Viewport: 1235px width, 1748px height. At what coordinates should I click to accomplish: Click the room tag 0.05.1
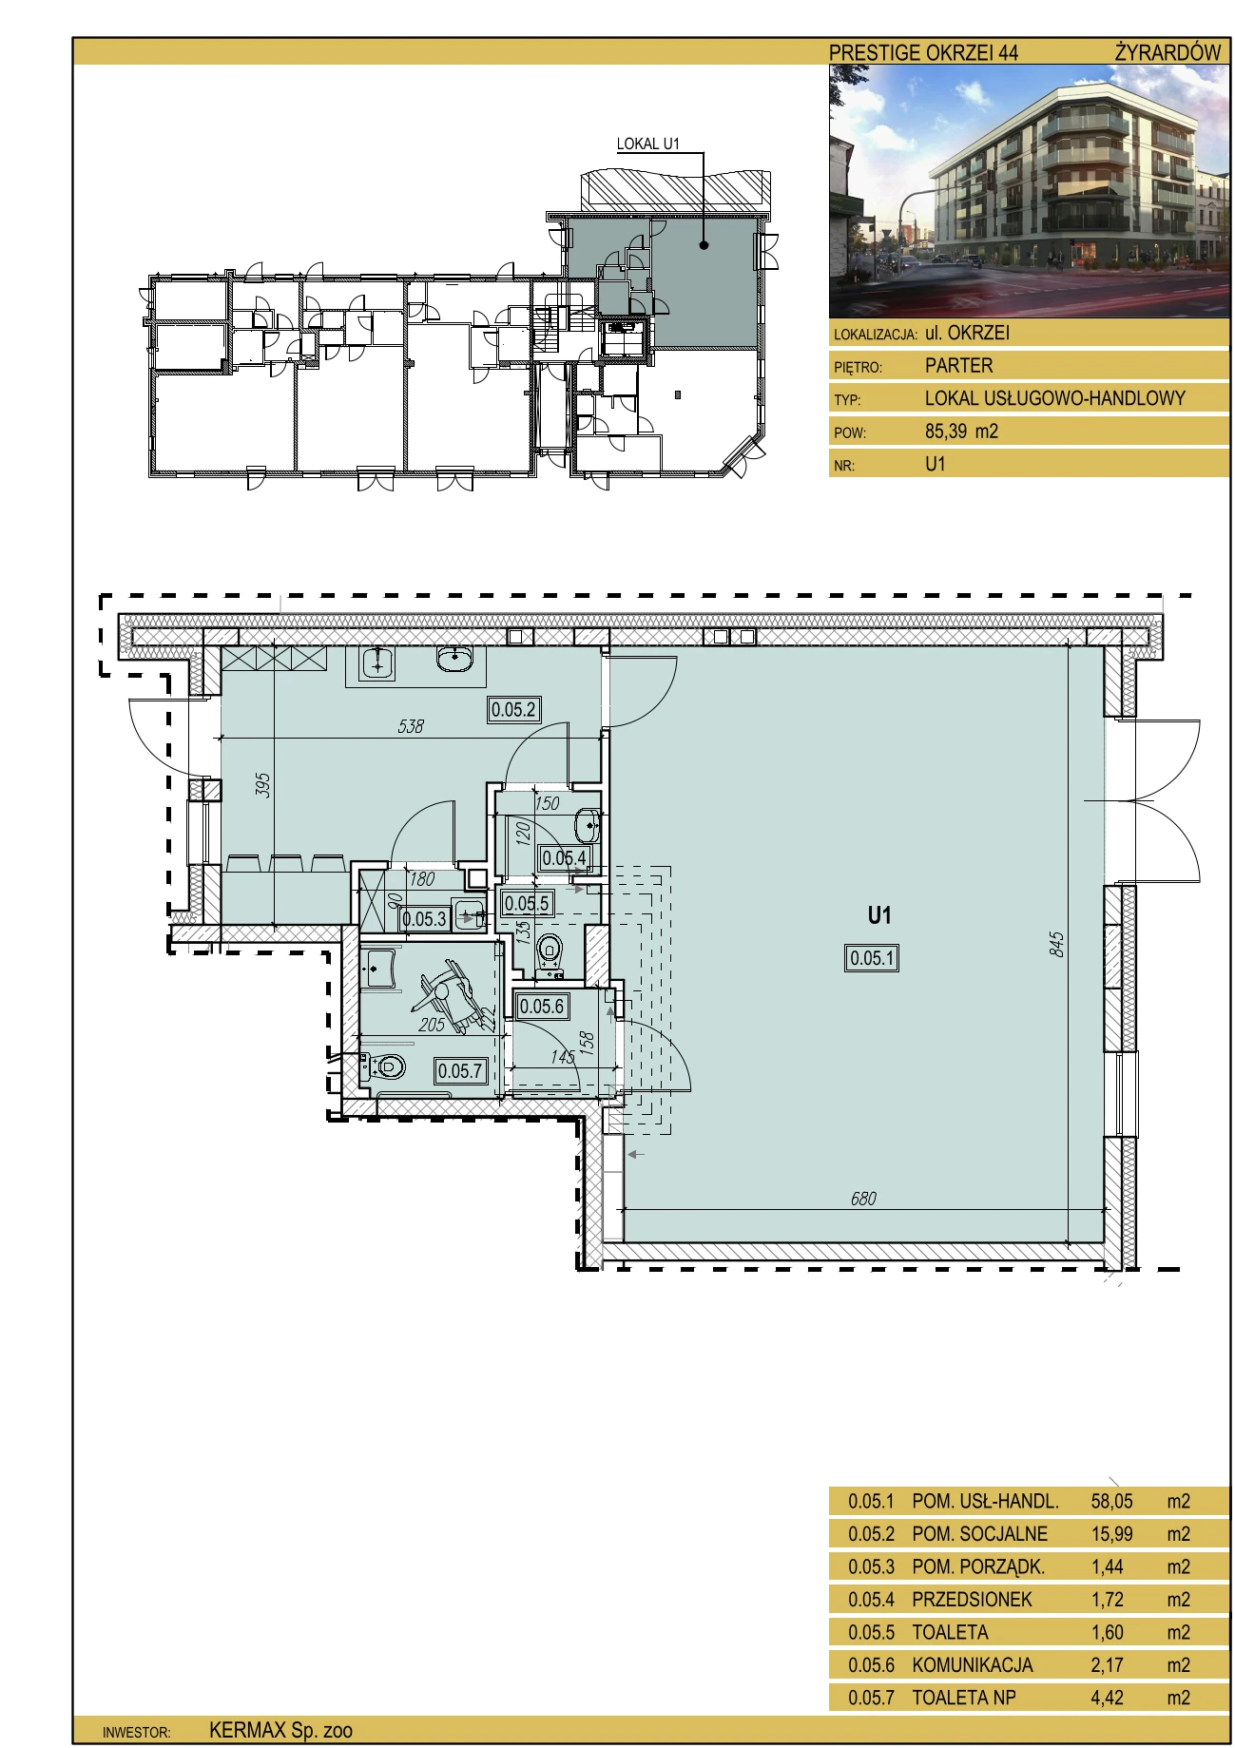(872, 958)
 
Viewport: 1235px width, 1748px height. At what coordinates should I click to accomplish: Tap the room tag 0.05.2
(514, 709)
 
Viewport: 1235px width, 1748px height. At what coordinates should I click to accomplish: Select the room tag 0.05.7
(461, 1071)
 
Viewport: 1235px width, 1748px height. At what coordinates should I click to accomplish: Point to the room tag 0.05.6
(542, 1007)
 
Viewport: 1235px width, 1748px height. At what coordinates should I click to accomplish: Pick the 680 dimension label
(863, 1199)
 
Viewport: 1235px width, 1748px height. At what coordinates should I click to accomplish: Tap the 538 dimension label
(411, 726)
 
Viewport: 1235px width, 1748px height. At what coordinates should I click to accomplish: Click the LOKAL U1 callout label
(648, 144)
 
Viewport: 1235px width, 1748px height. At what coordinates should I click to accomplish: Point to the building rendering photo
(1030, 191)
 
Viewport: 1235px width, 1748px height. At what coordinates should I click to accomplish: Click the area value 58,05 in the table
(1112, 1502)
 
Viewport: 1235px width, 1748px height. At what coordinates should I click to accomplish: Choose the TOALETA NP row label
(964, 1698)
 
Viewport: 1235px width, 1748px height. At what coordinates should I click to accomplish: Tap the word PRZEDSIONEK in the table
(972, 1600)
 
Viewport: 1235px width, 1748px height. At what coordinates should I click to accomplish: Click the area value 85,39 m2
(961, 431)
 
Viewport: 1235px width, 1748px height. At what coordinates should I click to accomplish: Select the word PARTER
(958, 365)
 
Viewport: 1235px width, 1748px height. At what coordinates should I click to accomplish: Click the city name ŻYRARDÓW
(1167, 52)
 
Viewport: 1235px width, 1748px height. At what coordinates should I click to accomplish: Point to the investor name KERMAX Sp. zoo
(280, 1730)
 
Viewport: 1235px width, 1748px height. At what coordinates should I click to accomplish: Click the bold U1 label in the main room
(879, 915)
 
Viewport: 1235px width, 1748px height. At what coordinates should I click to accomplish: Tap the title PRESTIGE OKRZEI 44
(923, 52)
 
